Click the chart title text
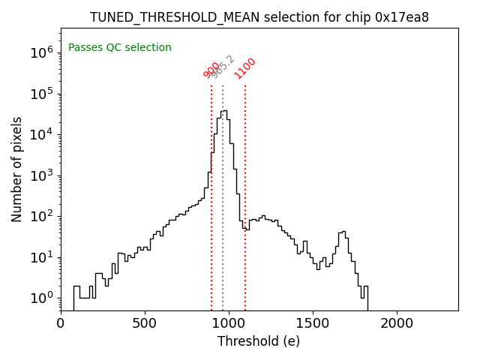coord(259,17)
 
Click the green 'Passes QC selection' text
coord(120,48)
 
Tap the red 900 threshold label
coord(211,70)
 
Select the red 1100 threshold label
coord(244,68)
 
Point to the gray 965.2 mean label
coord(223,67)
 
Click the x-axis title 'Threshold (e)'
coord(259,341)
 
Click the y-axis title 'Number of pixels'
coord(17,169)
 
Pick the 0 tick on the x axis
coord(61,323)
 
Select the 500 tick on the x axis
coord(145,323)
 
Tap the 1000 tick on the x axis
coord(229,323)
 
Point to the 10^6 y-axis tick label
coord(42,52)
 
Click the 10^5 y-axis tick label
coord(42,94)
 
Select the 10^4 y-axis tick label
coord(42,134)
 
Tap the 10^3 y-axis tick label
coord(42,175)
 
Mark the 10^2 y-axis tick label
coord(42,217)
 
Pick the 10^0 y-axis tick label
coord(42,298)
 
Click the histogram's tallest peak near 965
coord(223,111)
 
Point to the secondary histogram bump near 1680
coord(343,232)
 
